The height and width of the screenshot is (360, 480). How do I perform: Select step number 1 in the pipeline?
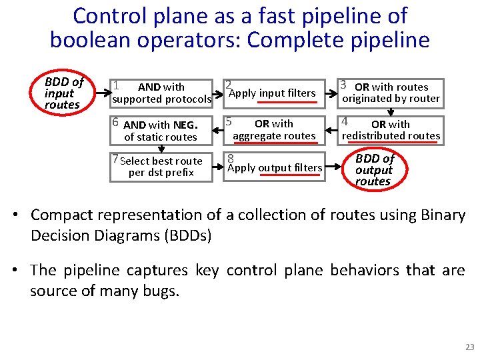[116, 85]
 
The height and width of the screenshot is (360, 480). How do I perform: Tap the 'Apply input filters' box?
[272, 93]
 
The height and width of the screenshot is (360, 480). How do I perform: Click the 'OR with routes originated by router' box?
[390, 93]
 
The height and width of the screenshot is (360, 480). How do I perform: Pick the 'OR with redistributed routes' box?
[390, 129]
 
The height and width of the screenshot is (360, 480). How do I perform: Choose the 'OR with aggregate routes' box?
[273, 129]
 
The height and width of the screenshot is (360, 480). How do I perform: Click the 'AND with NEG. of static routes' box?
[161, 130]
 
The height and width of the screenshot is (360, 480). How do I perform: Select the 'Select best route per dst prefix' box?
[161, 167]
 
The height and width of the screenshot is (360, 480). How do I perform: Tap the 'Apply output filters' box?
[274, 167]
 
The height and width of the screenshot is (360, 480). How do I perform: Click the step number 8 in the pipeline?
[229, 159]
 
